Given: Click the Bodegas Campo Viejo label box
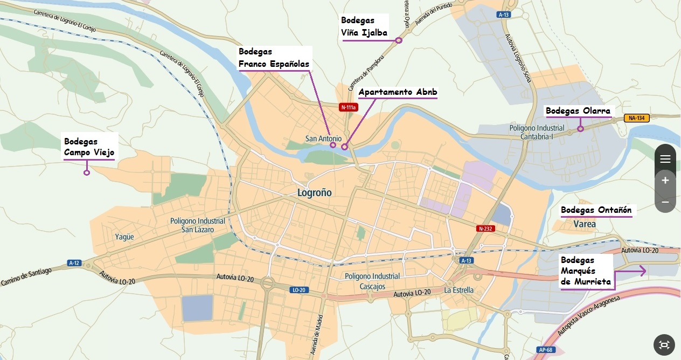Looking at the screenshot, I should click(88, 146).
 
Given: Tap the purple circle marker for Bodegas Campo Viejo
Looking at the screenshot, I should click(86, 173).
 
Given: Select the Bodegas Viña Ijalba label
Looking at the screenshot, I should click(364, 27).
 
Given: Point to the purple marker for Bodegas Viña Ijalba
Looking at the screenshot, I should click(399, 40).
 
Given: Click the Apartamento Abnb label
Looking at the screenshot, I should click(398, 92).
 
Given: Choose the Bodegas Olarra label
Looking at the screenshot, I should click(578, 111).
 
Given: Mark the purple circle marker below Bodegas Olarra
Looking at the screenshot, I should click(580, 129).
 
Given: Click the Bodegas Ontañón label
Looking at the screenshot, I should click(596, 210).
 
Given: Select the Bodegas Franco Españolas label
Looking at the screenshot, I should click(274, 58).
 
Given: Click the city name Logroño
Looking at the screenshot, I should click(315, 192).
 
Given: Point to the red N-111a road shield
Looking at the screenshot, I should click(348, 107).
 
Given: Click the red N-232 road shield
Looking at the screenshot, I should click(485, 229).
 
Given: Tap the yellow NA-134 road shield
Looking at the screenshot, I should click(635, 118).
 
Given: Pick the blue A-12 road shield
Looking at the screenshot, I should click(74, 263).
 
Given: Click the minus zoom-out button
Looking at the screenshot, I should click(665, 202).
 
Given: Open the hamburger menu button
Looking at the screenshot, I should click(665, 158).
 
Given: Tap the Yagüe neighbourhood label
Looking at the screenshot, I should click(124, 237).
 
